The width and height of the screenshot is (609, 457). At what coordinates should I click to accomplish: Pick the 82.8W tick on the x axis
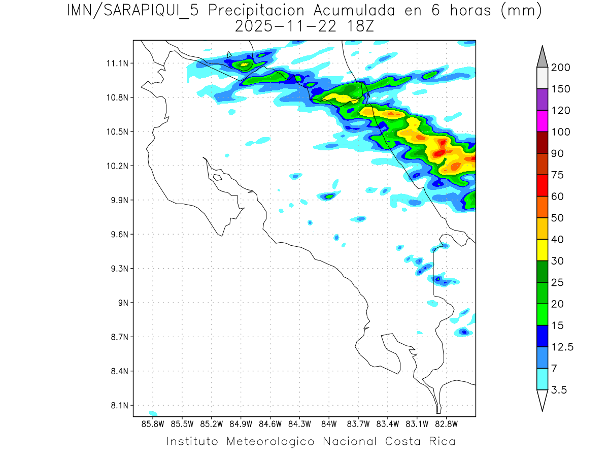(446, 423)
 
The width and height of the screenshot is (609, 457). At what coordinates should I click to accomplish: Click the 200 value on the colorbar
(561, 68)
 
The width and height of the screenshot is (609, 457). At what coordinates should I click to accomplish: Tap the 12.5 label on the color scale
(562, 347)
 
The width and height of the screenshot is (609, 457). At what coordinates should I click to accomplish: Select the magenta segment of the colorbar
(542, 121)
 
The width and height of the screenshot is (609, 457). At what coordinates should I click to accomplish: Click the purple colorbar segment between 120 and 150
(542, 100)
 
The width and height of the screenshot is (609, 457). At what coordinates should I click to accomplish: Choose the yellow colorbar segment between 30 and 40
(542, 250)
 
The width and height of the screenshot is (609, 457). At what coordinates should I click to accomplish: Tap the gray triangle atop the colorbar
(542, 57)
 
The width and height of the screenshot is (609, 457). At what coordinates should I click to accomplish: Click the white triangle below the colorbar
(542, 400)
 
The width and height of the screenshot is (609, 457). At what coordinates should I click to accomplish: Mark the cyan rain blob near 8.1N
(153, 413)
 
